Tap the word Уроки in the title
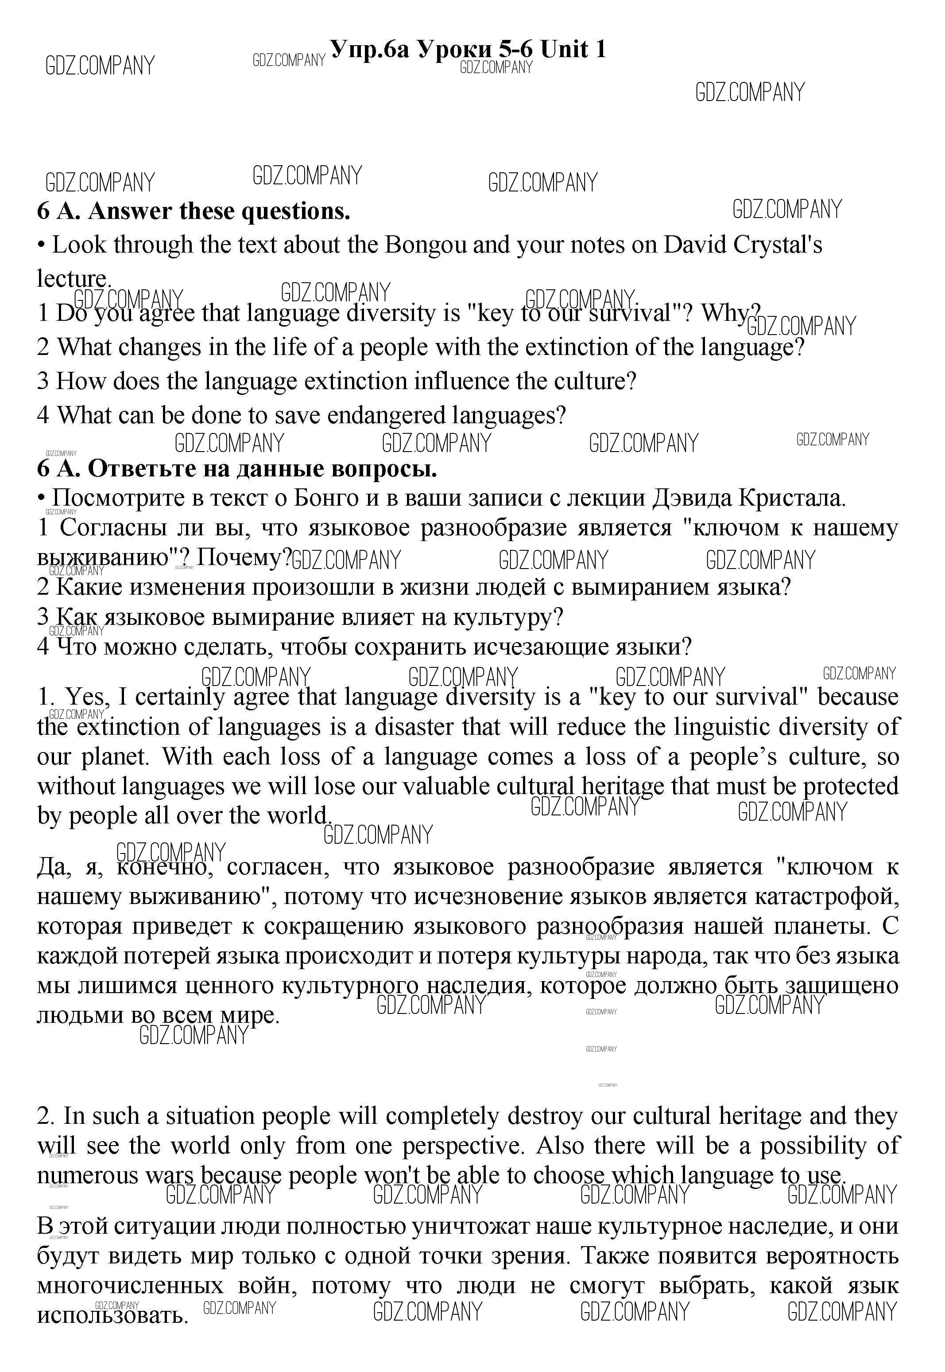(455, 49)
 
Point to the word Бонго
(325, 498)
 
